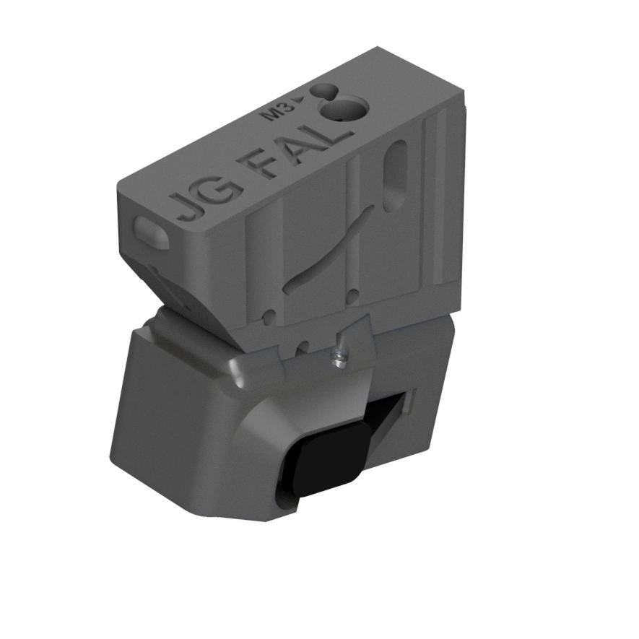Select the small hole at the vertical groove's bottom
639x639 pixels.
[353, 292]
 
